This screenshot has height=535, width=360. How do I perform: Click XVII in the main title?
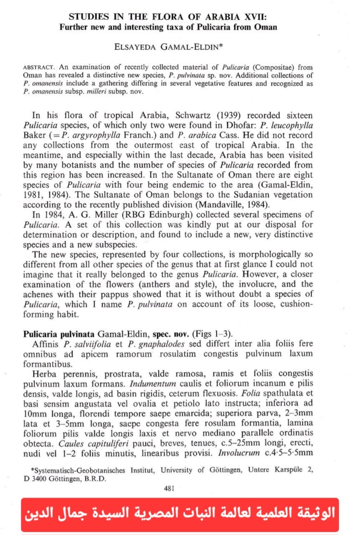click(x=255, y=16)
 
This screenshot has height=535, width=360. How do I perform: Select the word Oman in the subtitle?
click(x=265, y=27)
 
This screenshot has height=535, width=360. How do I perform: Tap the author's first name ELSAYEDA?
click(x=135, y=47)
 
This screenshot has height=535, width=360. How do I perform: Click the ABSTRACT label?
click(x=39, y=67)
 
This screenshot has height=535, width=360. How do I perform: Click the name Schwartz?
click(x=193, y=115)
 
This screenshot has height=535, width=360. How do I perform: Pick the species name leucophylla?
click(x=292, y=125)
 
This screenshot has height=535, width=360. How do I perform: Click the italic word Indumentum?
click(x=153, y=384)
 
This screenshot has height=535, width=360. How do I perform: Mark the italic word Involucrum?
click(x=239, y=453)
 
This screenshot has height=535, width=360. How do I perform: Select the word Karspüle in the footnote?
click(x=290, y=470)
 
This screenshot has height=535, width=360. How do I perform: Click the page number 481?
click(x=169, y=488)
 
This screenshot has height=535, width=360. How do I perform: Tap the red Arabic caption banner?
click(x=180, y=514)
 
